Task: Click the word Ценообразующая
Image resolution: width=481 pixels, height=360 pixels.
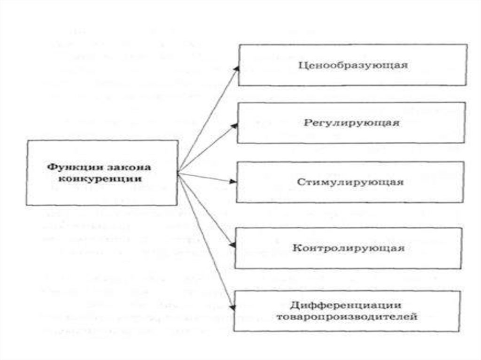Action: coord(353,65)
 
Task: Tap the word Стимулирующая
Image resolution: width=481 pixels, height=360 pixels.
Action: coord(350,182)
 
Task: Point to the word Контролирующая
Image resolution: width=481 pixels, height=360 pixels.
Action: coord(349,248)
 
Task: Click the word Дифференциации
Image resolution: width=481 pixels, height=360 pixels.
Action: coord(348,305)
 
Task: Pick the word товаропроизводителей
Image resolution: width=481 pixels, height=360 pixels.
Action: coord(348,317)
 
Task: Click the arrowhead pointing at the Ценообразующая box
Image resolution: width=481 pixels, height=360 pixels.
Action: coord(237,68)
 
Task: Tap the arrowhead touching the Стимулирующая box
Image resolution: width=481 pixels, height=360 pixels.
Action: coord(234,181)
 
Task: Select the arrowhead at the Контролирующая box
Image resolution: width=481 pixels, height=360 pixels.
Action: coord(233,244)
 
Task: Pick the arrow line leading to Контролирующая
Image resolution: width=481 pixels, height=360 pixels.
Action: coord(206,208)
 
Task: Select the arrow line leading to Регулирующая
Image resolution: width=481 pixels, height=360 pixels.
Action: coord(207,149)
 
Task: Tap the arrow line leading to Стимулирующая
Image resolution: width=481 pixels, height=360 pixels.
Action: coord(207,176)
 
